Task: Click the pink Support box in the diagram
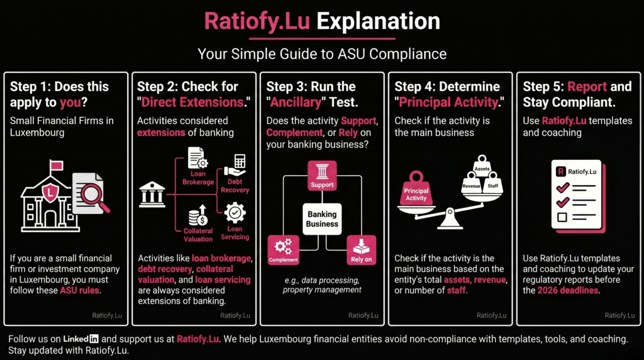coord(322,176)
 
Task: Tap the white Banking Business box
coord(322,219)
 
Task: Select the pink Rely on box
coord(361,250)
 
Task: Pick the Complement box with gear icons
coord(284,250)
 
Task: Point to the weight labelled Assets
coord(482,165)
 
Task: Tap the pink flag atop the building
coord(56,165)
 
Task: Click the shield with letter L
coord(50,192)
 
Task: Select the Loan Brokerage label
coord(198,178)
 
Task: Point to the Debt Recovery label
coord(235,186)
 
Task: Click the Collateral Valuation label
coord(198,235)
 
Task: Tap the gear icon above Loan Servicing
coord(235,213)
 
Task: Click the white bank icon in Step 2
coord(152,194)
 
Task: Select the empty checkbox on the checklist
coord(562,217)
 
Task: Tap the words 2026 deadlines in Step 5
coord(568,291)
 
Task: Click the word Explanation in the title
coord(378,21)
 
